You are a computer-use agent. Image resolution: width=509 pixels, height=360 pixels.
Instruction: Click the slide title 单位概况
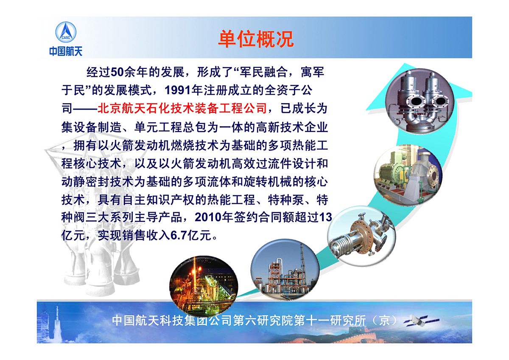coord(256,39)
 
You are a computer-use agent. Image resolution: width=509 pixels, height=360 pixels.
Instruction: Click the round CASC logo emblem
coord(66,32)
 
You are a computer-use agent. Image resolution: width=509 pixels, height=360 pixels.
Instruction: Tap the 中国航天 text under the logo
coord(66,51)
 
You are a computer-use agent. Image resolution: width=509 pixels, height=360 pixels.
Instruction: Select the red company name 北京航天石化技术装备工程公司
coord(182,108)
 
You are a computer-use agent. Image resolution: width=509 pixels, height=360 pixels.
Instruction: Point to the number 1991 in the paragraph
coord(177,90)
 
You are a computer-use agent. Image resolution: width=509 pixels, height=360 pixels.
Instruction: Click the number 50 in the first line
coord(117,72)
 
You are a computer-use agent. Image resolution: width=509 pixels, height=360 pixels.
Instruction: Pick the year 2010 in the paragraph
coord(208,217)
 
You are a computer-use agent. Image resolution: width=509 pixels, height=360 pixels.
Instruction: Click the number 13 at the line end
coord(326,217)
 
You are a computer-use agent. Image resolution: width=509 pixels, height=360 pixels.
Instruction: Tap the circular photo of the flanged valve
coord(361,236)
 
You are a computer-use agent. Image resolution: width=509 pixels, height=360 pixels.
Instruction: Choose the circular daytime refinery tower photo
coord(285,270)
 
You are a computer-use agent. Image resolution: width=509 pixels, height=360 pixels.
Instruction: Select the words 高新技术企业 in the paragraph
coord(292,127)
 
